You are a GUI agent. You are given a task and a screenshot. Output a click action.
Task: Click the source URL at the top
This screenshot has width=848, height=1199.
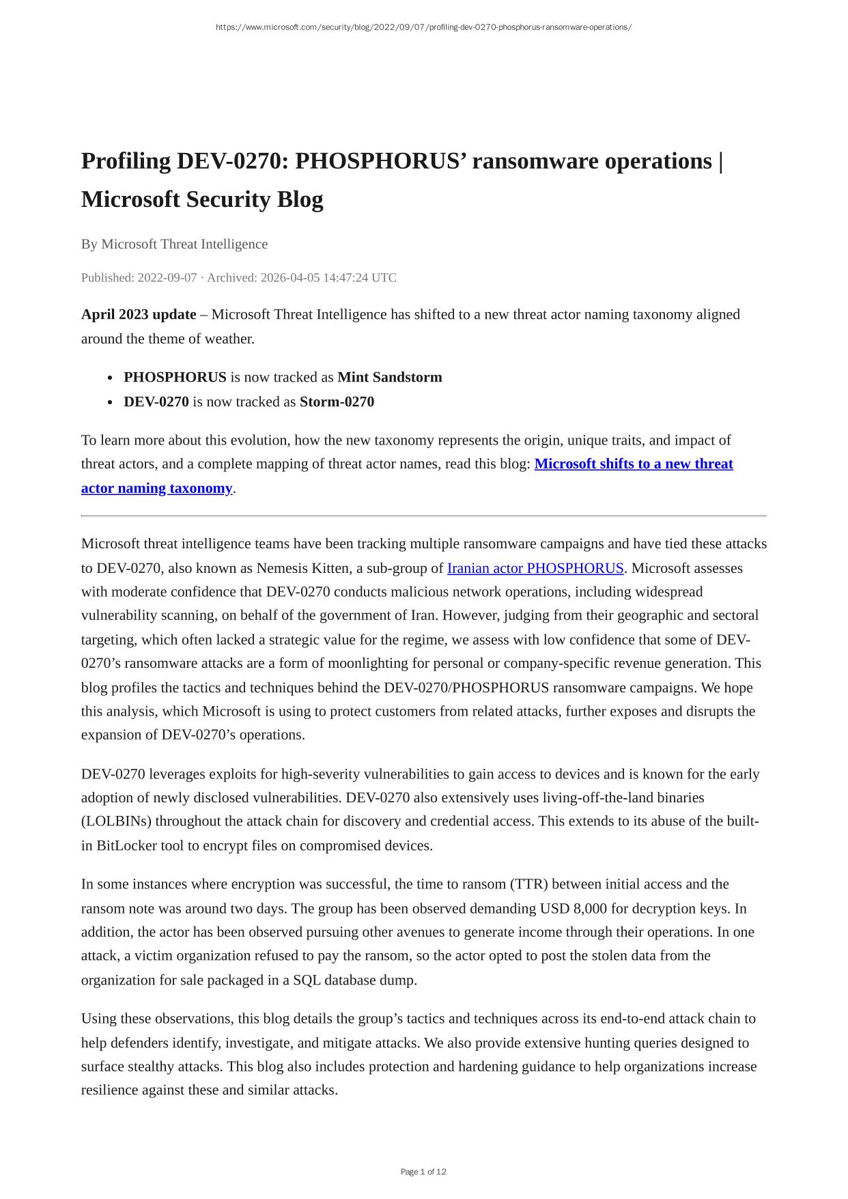pos(423,27)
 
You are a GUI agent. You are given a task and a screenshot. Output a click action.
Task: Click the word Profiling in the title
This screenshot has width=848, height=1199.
pos(126,161)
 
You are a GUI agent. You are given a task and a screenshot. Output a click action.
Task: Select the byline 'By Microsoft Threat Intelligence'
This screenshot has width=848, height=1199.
pos(174,244)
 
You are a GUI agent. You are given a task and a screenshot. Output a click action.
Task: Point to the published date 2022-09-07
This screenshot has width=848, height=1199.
pos(167,278)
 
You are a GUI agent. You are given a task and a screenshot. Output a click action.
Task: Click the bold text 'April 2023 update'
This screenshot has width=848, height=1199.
pos(139,314)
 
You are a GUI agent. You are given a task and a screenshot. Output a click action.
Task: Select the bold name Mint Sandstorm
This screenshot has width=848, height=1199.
pos(389,377)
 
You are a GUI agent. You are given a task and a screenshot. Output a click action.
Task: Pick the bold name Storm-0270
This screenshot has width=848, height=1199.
pos(337,401)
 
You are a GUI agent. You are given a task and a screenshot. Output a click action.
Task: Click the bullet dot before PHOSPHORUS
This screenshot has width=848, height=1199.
pos(110,378)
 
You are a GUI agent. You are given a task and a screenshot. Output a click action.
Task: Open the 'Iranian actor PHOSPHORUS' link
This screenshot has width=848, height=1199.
pos(535,568)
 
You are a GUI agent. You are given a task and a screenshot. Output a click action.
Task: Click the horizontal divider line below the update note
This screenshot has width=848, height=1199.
pos(423,516)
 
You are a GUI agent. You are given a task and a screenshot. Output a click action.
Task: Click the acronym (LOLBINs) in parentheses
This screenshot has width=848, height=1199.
pos(110,821)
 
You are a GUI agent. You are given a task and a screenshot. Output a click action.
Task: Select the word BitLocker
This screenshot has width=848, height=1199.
pos(126,845)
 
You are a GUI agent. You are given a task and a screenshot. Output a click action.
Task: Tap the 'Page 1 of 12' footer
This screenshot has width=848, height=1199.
pos(423,1172)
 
